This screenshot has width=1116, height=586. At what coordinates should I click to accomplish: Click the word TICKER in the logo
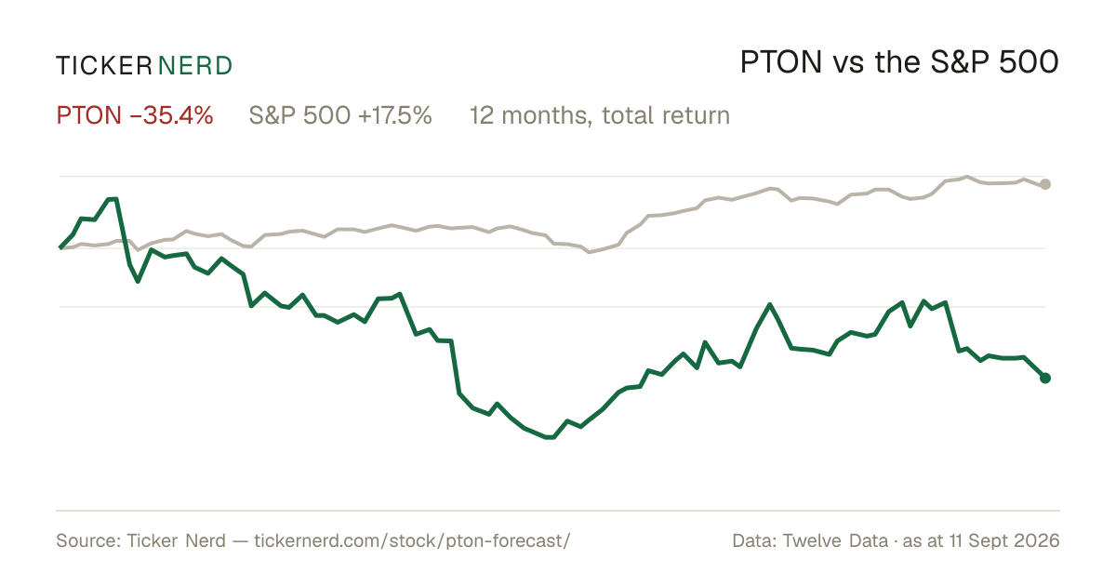103,66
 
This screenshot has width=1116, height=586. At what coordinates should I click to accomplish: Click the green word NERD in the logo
194,66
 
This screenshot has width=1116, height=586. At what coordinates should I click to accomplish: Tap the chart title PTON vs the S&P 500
899,62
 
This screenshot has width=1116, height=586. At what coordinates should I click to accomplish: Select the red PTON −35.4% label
135,115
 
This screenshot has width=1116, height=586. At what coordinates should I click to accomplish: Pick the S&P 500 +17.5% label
340,115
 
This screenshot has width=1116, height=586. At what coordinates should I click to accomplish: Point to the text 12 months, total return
600,116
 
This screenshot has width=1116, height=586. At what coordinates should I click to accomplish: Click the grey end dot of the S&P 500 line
1045,184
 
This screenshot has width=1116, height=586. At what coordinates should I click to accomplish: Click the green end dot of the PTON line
1045,379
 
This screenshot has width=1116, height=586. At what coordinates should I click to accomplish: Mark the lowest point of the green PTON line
550,437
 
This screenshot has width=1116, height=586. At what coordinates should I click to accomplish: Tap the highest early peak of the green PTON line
113,199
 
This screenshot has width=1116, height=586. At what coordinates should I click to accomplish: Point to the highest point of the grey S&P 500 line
967,177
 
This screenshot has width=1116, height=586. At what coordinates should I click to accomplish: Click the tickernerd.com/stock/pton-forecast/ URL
412,540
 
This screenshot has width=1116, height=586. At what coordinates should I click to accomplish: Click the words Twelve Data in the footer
835,540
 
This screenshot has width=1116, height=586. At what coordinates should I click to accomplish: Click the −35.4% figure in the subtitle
171,115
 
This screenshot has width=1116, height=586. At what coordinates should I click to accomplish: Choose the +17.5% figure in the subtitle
394,115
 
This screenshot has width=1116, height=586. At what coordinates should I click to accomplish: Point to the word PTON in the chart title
780,62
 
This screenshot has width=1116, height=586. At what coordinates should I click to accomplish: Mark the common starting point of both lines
60,247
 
